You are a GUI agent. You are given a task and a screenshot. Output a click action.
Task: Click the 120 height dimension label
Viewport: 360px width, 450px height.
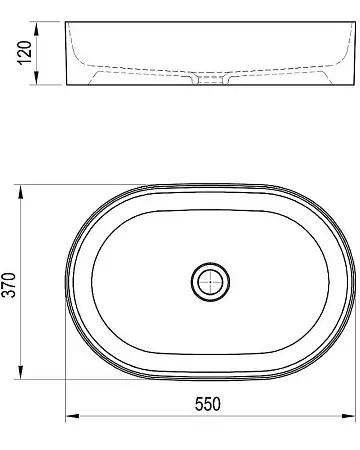(x=24, y=53)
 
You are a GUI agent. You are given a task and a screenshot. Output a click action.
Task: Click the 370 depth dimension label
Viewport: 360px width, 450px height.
(x=9, y=285)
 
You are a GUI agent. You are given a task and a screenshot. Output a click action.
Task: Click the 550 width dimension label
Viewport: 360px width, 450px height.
(x=208, y=404)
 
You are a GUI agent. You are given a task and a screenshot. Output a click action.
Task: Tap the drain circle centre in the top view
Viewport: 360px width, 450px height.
(x=210, y=282)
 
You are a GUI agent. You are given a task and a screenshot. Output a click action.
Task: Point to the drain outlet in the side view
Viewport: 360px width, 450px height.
(x=210, y=79)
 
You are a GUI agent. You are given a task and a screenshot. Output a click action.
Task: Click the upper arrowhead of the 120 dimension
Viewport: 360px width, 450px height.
(x=37, y=28)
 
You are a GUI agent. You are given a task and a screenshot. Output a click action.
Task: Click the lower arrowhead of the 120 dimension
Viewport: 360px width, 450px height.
(x=37, y=78)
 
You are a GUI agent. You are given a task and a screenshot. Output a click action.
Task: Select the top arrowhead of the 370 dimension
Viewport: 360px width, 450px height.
(x=21, y=192)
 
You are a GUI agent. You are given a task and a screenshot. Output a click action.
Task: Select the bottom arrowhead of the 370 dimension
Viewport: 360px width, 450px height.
(x=21, y=372)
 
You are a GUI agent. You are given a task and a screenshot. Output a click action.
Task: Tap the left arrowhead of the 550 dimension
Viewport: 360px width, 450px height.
(x=72, y=416)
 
